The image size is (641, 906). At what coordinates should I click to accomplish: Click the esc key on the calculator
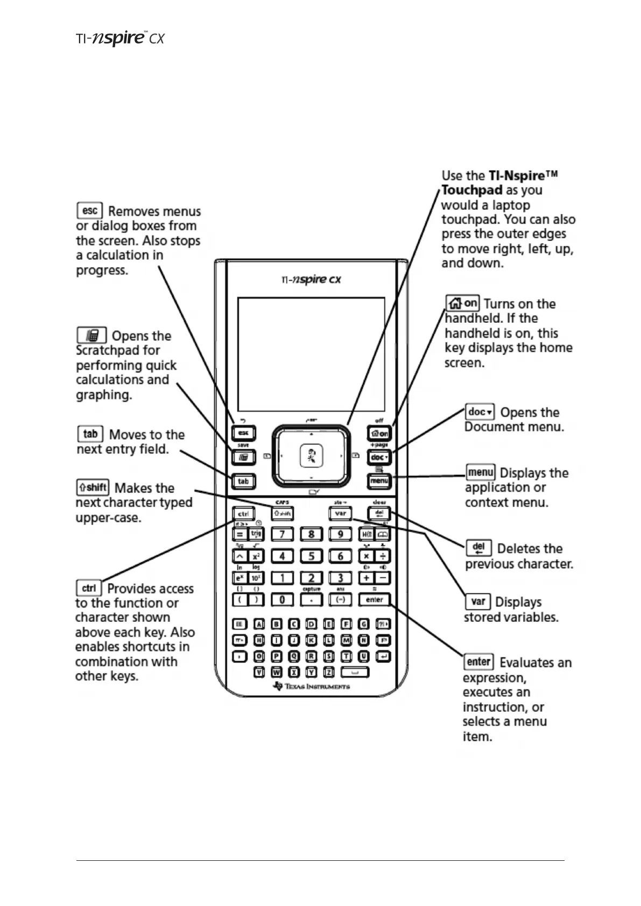[243, 433]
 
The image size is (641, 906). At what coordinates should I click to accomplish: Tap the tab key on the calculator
[243, 481]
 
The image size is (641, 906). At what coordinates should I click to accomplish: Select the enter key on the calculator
[374, 599]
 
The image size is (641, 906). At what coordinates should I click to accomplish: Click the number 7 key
[282, 534]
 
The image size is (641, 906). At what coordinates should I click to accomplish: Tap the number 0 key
[282, 599]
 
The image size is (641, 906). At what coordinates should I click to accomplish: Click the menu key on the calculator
[379, 480]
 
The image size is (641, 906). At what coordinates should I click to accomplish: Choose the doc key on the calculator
[379, 457]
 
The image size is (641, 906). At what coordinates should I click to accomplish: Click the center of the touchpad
[311, 456]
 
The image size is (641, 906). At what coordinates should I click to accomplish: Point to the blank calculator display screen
[311, 354]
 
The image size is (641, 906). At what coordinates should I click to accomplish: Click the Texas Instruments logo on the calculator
[312, 686]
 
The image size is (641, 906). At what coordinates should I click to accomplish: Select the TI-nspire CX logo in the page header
[119, 39]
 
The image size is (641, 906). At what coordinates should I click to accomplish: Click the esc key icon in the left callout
[89, 210]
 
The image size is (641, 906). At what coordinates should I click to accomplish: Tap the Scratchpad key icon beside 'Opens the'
[91, 336]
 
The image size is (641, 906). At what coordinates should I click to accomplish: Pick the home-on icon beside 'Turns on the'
[462, 303]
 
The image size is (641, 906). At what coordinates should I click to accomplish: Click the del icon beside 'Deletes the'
[478, 548]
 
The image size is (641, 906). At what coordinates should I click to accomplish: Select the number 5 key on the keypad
[311, 556]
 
